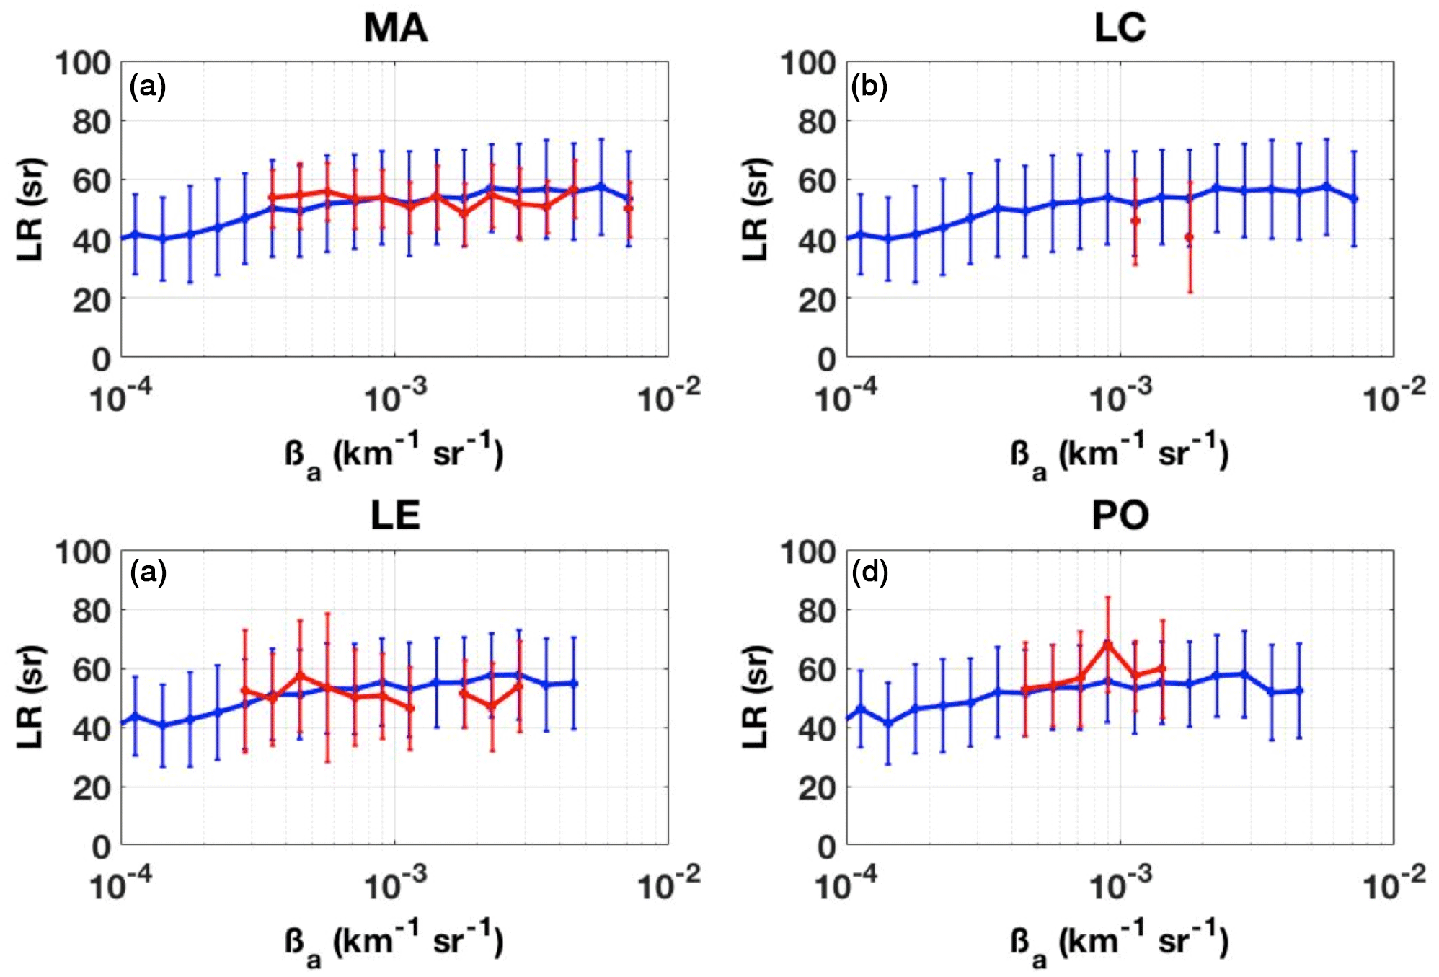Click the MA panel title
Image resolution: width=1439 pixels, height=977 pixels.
pyautogui.click(x=395, y=29)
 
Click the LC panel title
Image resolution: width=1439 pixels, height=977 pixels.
pyautogui.click(x=1120, y=29)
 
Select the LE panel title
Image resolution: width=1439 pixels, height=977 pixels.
pyautogui.click(x=395, y=516)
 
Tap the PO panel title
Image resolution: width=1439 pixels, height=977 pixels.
pyautogui.click(x=1120, y=516)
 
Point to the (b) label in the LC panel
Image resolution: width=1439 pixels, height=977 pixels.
pyautogui.click(x=869, y=87)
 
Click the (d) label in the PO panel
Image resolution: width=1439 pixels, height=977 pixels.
pyautogui.click(x=869, y=573)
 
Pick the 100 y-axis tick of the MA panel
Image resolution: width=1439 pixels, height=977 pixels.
pyautogui.click(x=84, y=63)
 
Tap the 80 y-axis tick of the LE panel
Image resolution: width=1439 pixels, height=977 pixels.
pyautogui.click(x=92, y=611)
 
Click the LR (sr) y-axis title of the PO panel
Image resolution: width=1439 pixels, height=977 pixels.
pyautogui.click(x=755, y=697)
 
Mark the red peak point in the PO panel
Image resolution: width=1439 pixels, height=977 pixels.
pyautogui.click(x=1108, y=642)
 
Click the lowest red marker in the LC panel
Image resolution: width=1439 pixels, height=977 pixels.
pyautogui.click(x=1189, y=237)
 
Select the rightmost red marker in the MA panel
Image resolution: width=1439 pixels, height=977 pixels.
pyautogui.click(x=629, y=208)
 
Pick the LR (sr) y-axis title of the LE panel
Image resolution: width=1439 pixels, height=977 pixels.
pyautogui.click(x=30, y=697)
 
